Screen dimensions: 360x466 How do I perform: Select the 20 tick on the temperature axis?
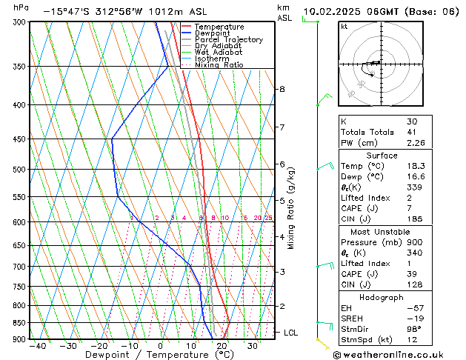222,346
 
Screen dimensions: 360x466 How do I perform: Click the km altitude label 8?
282,90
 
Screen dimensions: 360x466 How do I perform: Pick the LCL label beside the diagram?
290,333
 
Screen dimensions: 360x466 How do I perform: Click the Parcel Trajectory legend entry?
228,40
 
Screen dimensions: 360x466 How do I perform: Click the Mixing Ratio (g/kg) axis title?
292,207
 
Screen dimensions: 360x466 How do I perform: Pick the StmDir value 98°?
413,329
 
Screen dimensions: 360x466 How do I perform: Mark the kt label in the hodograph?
344,27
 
